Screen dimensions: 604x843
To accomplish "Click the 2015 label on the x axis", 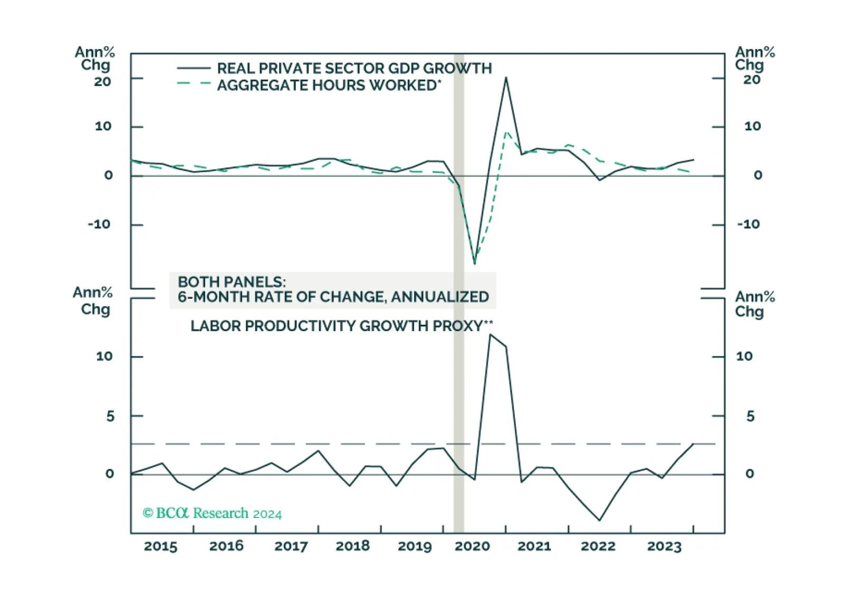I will point(160,546).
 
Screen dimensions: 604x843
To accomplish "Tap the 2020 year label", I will point(472,546).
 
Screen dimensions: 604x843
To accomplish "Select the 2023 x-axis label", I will point(664,546).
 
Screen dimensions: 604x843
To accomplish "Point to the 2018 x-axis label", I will point(352,546).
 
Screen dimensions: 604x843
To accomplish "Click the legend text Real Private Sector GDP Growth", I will point(354,69).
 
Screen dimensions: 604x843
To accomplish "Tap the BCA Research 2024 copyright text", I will point(212,513).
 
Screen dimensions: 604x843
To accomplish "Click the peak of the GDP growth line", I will point(506,78).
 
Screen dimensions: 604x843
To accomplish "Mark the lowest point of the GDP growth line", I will point(475,263).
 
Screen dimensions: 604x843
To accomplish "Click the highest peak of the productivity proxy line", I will point(490,334).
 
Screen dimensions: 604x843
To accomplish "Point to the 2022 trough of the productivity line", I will point(599,520).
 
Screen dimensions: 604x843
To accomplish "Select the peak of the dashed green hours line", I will point(506,132).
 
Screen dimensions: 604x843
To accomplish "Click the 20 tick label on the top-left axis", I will point(102,82).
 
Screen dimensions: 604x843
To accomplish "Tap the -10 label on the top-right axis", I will point(748,224).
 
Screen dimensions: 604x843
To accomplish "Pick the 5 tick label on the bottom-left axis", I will point(110,417).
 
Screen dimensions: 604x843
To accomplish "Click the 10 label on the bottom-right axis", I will point(744,356).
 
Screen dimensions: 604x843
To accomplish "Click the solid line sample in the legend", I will point(193,68).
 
